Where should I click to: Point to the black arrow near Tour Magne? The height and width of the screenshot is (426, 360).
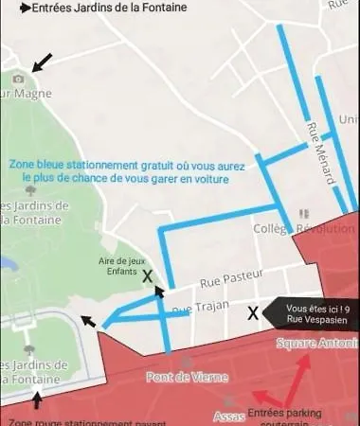(41, 62)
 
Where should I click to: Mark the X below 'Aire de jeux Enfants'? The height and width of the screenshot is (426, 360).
(147, 277)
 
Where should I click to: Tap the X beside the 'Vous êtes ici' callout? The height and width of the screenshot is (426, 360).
(253, 313)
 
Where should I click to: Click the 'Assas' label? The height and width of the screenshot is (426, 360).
(229, 416)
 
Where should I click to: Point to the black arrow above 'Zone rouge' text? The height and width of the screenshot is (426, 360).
(38, 400)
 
